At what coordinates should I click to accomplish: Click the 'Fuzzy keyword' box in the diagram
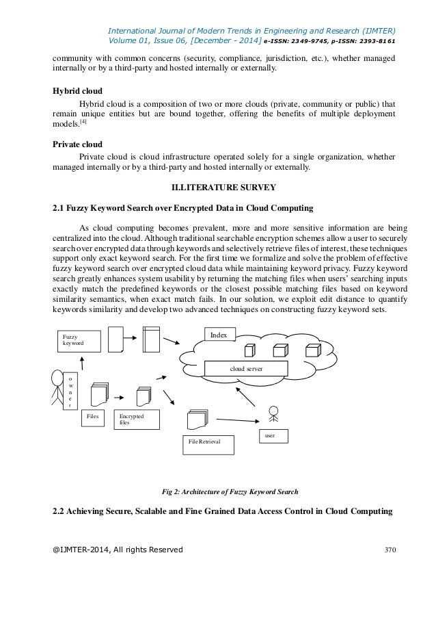click(77, 340)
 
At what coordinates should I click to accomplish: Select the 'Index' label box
click(220, 335)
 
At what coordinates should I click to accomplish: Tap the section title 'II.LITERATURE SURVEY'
click(218, 187)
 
